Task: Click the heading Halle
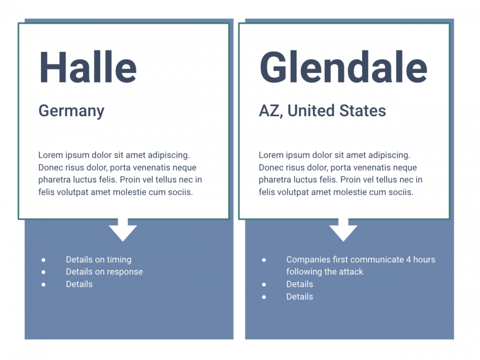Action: tap(88, 67)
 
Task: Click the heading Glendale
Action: tap(343, 67)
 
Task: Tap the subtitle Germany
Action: tap(71, 111)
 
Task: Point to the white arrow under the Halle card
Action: tap(123, 230)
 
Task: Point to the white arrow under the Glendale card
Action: tap(343, 230)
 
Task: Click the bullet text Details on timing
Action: tap(99, 260)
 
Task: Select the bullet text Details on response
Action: tap(105, 272)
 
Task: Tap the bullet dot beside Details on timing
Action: tap(44, 260)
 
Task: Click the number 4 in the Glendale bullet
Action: tap(409, 260)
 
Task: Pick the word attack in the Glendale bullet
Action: tap(351, 272)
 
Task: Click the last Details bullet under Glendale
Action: tap(300, 297)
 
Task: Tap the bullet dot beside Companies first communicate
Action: tap(264, 260)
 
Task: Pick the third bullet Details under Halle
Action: tap(79, 284)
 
